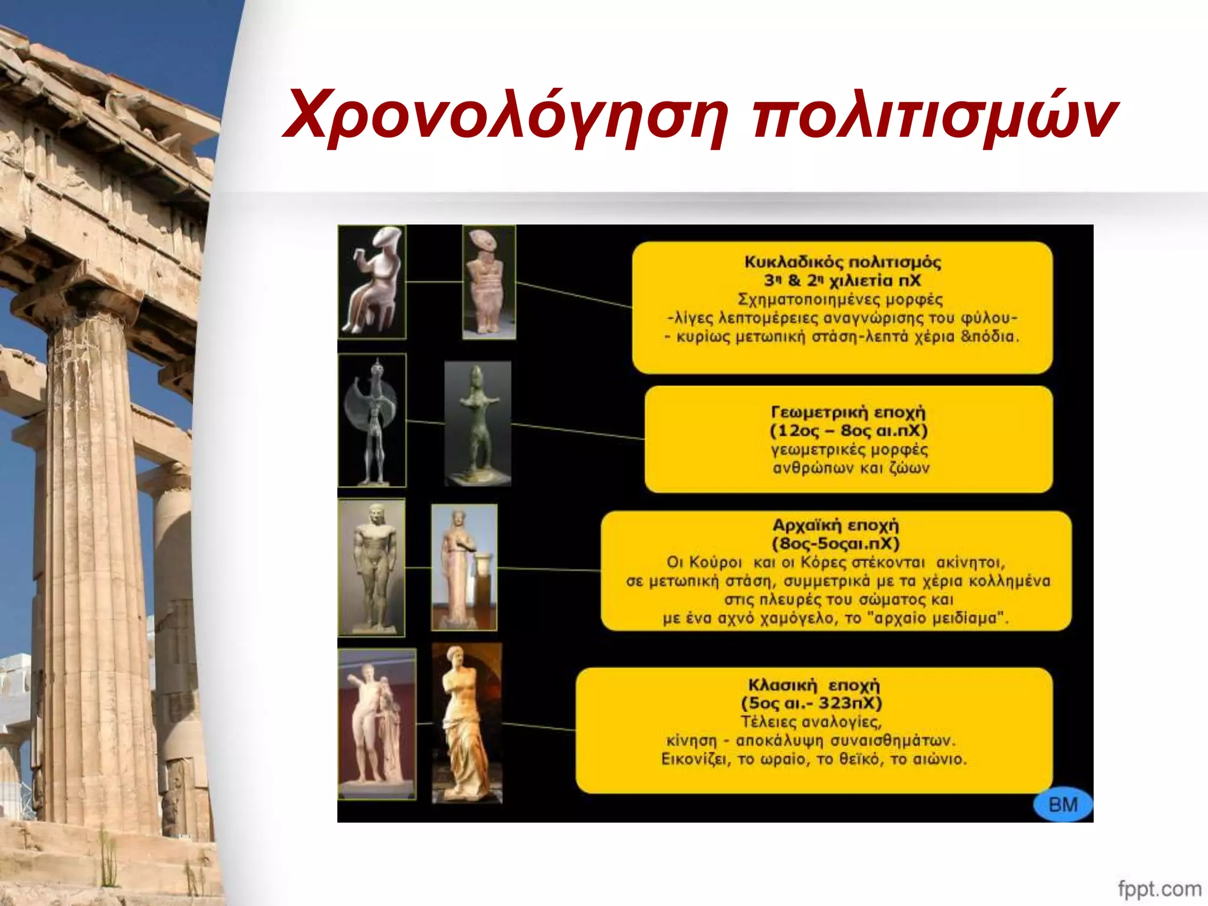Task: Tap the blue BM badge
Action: click(1063, 805)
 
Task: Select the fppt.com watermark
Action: click(1159, 888)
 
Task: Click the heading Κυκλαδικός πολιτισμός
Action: click(842, 262)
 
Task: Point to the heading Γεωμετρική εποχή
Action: click(848, 412)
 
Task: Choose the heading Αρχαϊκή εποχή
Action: click(836, 525)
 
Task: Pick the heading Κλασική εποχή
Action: click(813, 685)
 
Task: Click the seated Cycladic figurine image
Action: click(372, 282)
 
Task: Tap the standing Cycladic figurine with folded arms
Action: click(489, 282)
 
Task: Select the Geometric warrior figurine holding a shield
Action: click(372, 420)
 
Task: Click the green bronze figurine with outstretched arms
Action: click(477, 424)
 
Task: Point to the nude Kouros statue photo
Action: click(372, 567)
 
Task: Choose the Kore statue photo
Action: click(464, 567)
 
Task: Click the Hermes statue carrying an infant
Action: click(377, 724)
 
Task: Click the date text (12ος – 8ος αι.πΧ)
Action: click(848, 431)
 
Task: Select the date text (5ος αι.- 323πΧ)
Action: click(811, 703)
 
